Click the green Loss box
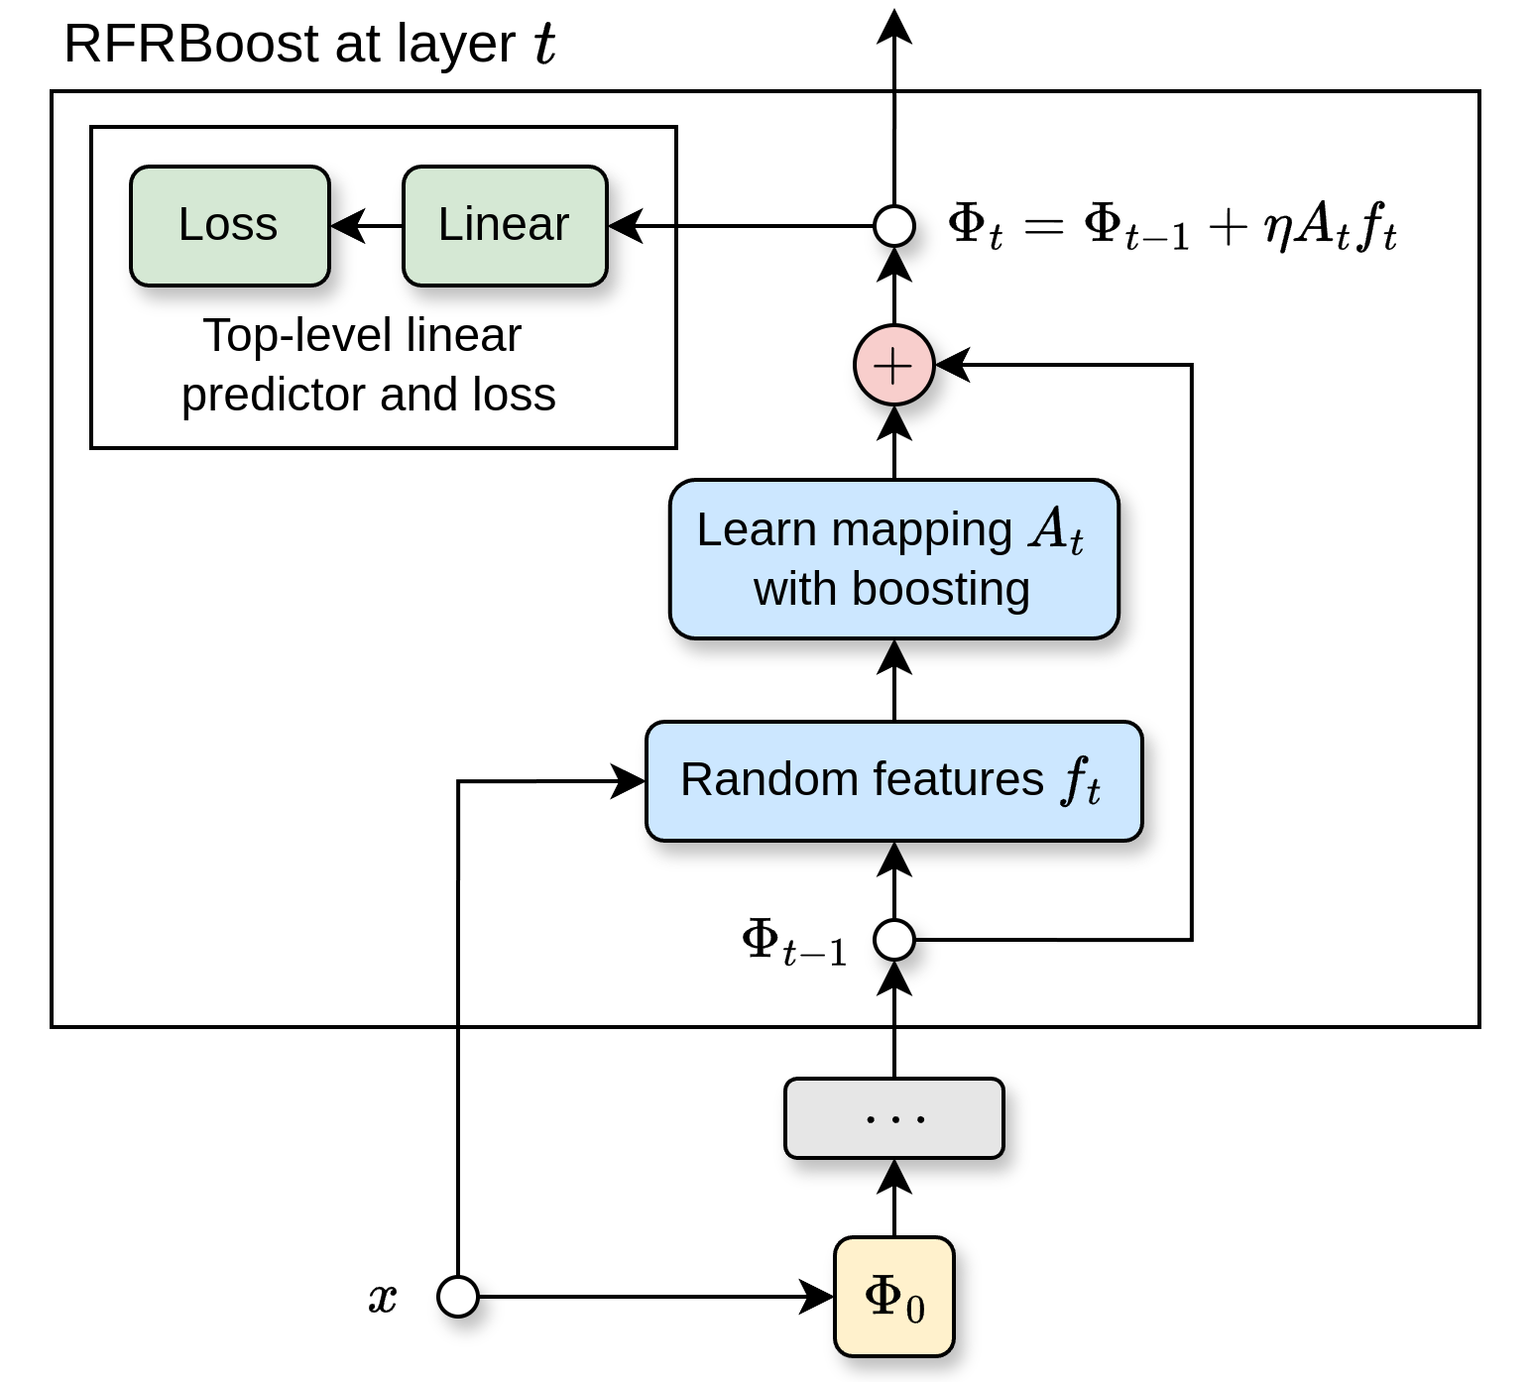point(229,226)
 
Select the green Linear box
point(505,226)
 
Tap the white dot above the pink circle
point(894,226)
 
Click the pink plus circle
point(894,365)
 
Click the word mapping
point(921,531)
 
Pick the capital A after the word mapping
point(1048,527)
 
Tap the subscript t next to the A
point(1077,543)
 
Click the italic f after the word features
point(1073,779)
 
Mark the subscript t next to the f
point(1093,792)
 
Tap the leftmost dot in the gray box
point(871,1119)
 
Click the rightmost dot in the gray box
point(920,1119)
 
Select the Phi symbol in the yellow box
point(883,1295)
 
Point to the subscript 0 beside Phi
point(915,1310)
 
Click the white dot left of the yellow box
point(458,1297)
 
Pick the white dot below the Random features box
point(894,940)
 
